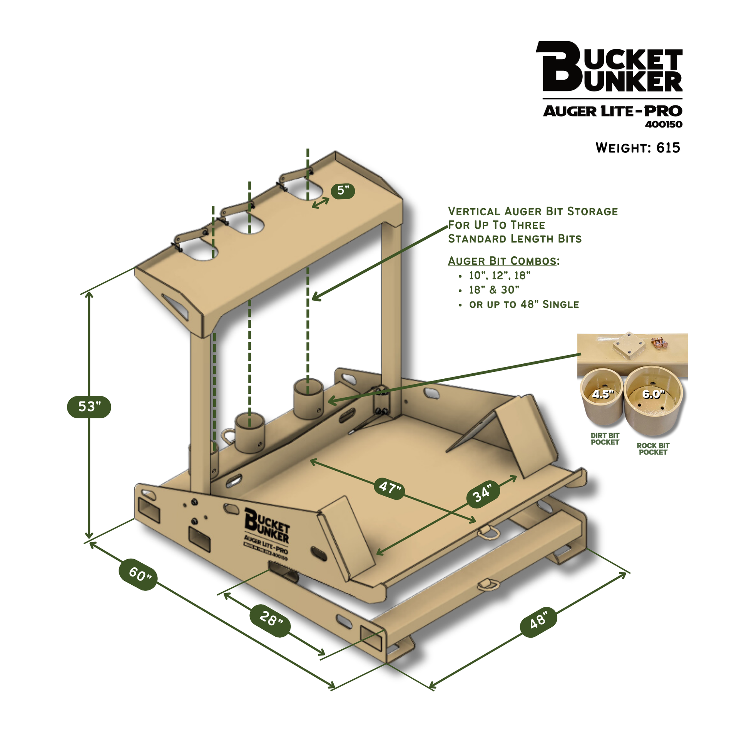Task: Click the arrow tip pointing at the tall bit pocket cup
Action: click(x=328, y=401)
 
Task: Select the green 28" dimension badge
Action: click(x=270, y=621)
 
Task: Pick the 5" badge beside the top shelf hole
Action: click(x=343, y=190)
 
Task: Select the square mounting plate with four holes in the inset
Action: click(x=629, y=346)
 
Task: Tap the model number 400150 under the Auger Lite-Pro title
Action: click(x=664, y=124)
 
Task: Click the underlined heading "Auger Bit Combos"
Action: click(x=502, y=261)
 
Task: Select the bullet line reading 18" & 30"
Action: click(x=494, y=289)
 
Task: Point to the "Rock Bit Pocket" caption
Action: click(x=653, y=448)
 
